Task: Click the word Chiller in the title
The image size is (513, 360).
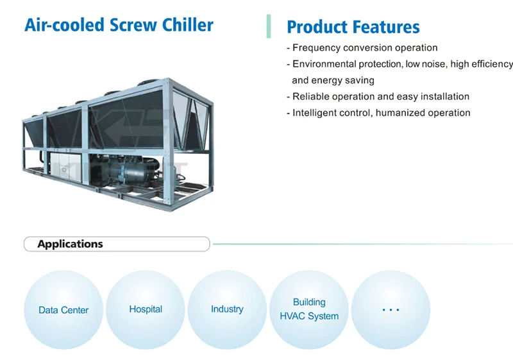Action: (187, 25)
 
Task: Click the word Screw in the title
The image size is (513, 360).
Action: (133, 25)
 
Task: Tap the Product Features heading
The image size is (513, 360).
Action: (353, 27)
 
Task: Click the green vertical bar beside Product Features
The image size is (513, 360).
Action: (269, 26)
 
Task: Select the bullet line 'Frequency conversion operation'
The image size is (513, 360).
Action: (362, 47)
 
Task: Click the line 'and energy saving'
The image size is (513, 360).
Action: (333, 80)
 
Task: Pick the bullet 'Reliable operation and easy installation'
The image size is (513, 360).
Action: (378, 96)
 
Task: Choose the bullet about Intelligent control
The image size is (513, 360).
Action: (378, 113)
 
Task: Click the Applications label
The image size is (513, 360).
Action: (70, 244)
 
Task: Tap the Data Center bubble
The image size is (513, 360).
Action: (63, 309)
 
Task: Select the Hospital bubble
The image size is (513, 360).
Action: (146, 309)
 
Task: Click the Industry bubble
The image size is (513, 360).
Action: (227, 309)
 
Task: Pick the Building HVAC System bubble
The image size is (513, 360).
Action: (309, 309)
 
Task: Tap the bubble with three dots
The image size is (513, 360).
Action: (391, 309)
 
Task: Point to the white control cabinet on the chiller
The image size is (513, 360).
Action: (65, 167)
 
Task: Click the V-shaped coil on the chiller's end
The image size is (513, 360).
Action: (191, 121)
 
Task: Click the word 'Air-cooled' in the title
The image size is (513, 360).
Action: (65, 25)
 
